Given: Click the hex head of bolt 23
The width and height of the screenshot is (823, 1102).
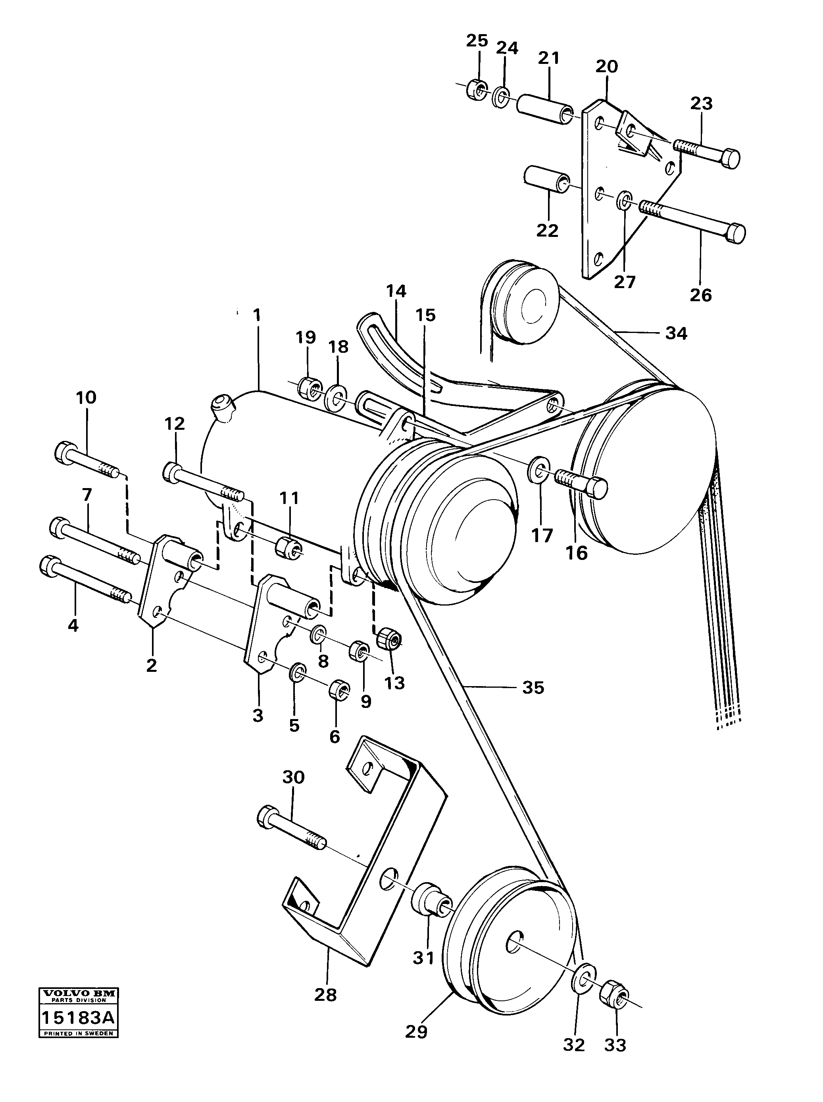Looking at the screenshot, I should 730,159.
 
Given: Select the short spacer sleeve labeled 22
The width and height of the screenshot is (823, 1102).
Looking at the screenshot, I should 546,181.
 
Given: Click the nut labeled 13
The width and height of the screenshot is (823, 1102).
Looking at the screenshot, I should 389,639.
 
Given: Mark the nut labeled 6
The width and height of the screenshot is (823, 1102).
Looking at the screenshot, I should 339,690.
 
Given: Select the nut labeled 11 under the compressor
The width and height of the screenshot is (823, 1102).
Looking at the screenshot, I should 288,546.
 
